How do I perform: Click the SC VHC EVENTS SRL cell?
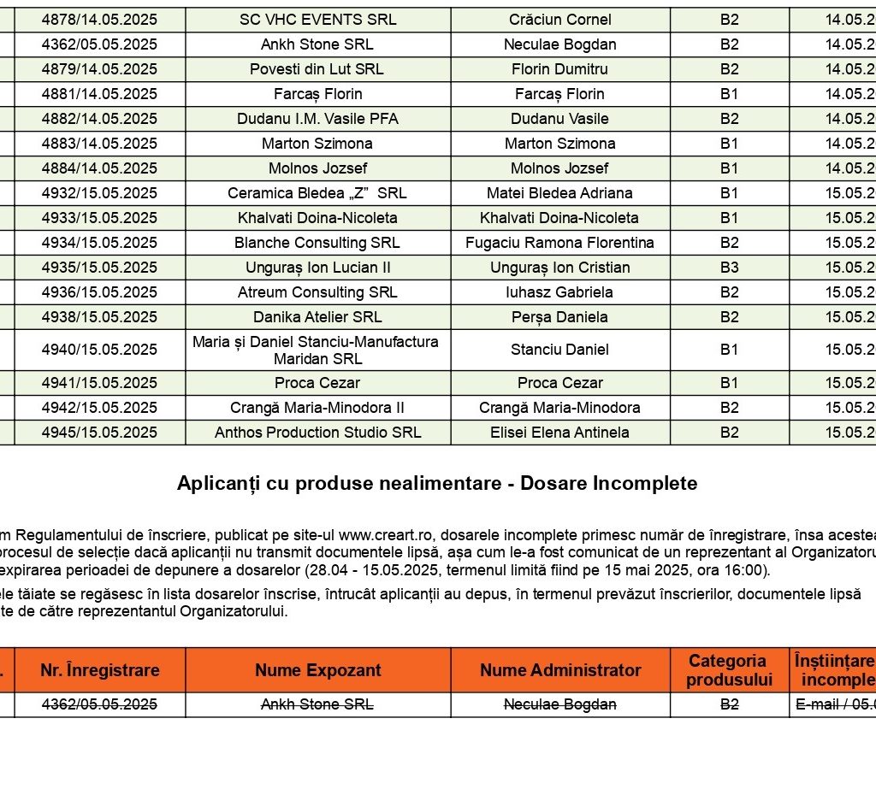(317, 20)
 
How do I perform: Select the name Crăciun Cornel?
(559, 20)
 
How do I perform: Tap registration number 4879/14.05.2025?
(99, 69)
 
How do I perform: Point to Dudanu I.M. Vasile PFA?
(317, 119)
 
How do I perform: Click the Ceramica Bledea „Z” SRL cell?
(317, 193)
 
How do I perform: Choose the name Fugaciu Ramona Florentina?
(559, 243)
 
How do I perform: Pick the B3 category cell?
(729, 268)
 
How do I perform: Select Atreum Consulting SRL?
(317, 292)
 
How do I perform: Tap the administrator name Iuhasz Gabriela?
(559, 292)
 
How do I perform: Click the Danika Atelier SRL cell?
(317, 317)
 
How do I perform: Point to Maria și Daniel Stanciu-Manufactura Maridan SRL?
(316, 350)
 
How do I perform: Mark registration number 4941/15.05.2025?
(99, 383)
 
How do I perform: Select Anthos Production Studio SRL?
(317, 433)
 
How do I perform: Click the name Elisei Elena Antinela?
(559, 433)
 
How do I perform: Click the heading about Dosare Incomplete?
(437, 484)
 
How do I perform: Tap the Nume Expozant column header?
(317, 670)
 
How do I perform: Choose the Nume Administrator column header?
(559, 670)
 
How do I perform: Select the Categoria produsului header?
(729, 670)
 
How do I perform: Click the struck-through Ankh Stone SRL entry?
(317, 705)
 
